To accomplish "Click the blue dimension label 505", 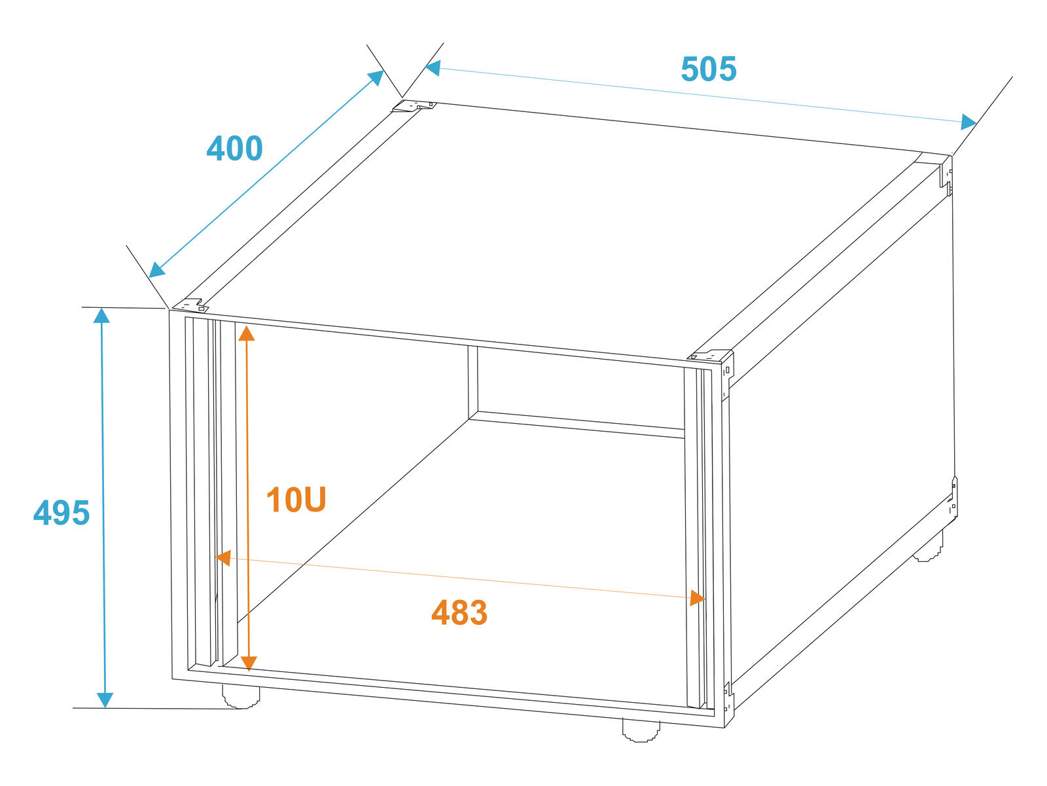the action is point(708,69).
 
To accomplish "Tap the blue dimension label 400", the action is point(234,148).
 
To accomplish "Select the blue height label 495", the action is point(62,513).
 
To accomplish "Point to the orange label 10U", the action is point(296,500).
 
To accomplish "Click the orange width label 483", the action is point(459,613).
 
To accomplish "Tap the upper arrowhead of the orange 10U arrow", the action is point(246,333).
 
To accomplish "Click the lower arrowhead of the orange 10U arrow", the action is point(249,664).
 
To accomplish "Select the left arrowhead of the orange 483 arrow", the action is point(224,558).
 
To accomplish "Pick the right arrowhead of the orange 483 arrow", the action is point(698,598).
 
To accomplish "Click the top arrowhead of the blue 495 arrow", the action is point(101,316).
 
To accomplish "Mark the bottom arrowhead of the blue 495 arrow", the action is point(105,700).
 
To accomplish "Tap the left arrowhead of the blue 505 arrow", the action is point(433,67).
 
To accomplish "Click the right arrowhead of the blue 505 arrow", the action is point(968,122).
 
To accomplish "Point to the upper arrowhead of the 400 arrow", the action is point(376,77).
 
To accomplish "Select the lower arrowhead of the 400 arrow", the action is point(156,270).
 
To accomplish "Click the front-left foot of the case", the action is point(241,697).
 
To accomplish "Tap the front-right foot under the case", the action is point(641,730).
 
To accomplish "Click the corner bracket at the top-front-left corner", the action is point(190,305).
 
